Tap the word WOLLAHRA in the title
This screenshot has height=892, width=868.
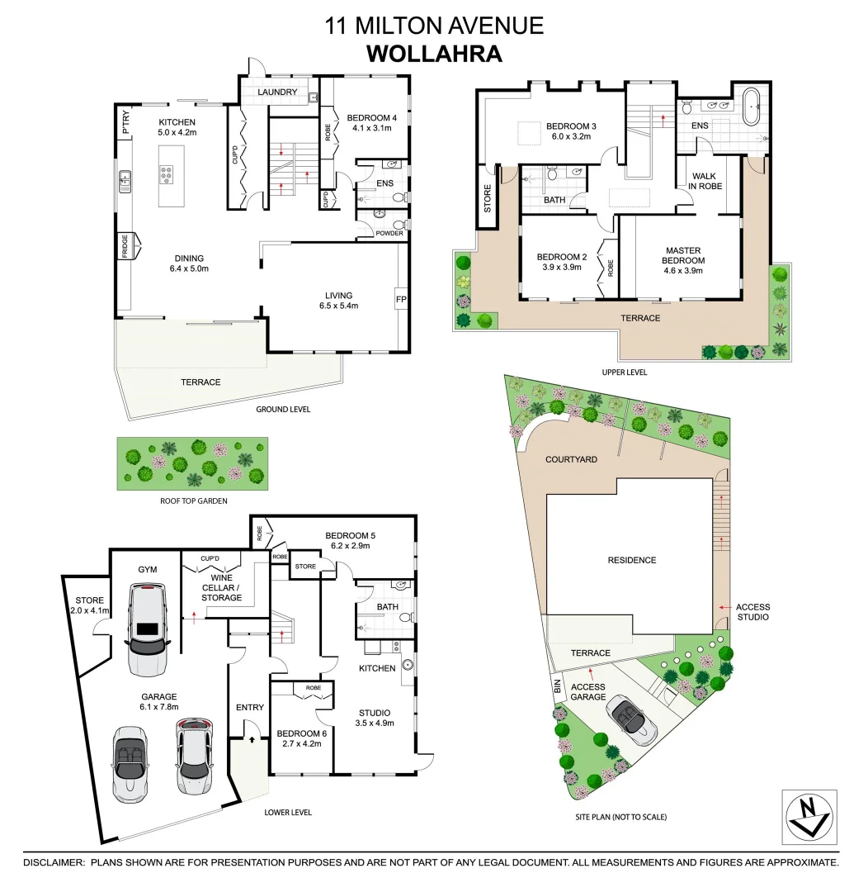[x=434, y=53]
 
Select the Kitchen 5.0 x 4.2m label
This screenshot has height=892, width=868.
[x=177, y=126]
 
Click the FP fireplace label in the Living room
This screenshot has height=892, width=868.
[x=401, y=299]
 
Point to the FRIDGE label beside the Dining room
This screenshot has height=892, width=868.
[x=125, y=246]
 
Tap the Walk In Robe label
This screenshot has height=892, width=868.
[x=705, y=181]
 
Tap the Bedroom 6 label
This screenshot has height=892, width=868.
[x=298, y=738]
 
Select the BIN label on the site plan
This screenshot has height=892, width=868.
[x=557, y=685]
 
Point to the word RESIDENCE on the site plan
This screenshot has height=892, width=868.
[x=632, y=560]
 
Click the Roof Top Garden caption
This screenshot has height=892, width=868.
[x=194, y=501]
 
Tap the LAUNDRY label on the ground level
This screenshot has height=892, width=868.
[x=276, y=92]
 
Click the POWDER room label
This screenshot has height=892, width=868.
[x=389, y=233]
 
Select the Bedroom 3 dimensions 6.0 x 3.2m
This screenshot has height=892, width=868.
[x=570, y=137]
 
